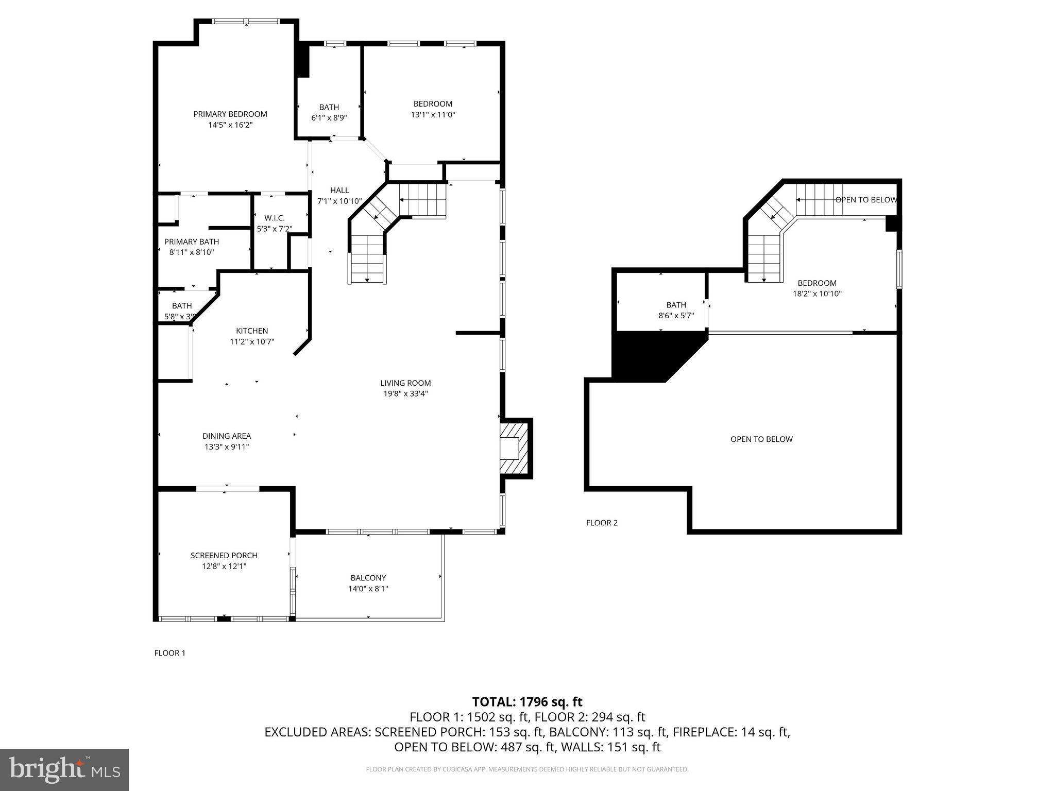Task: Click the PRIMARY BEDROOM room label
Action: click(x=230, y=114)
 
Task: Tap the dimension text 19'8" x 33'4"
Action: click(x=405, y=394)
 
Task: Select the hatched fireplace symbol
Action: click(x=514, y=448)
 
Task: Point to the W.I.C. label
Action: click(x=275, y=218)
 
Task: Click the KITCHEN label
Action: click(x=252, y=331)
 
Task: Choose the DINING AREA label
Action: click(x=227, y=436)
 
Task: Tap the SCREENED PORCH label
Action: click(x=224, y=556)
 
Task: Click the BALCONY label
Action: click(x=368, y=578)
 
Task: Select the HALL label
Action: click(x=339, y=191)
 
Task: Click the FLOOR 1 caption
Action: click(x=170, y=653)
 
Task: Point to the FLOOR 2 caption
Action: click(x=602, y=523)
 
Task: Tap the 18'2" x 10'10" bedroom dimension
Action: click(x=817, y=294)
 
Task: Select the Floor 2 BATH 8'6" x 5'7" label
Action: click(x=676, y=310)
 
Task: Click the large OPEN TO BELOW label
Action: click(x=761, y=439)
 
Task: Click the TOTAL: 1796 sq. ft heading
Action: click(x=527, y=702)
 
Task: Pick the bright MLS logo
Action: click(x=64, y=770)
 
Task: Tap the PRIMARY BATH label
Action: click(x=192, y=242)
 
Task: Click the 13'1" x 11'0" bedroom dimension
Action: click(x=433, y=115)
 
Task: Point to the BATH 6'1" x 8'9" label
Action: click(x=329, y=112)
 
